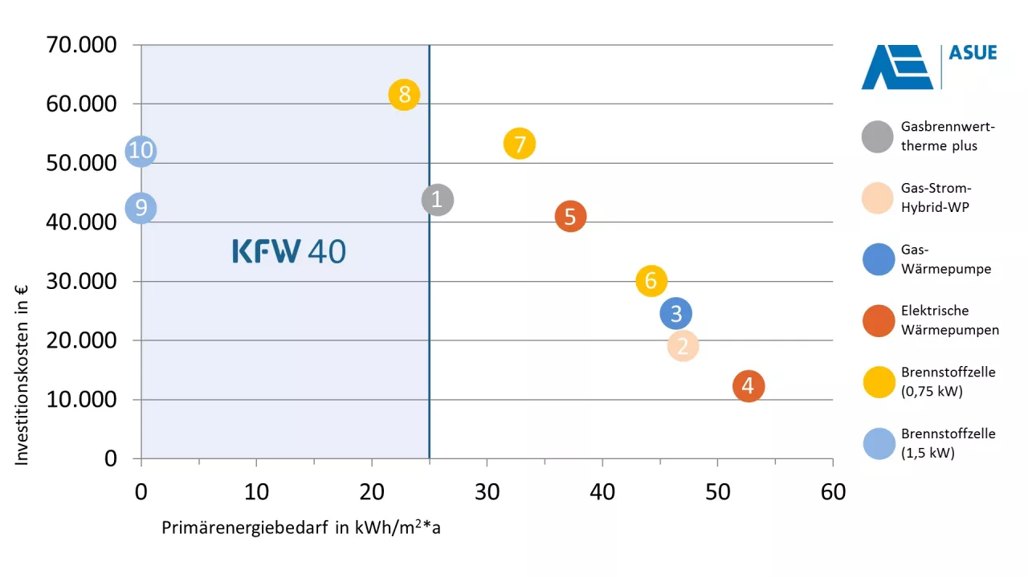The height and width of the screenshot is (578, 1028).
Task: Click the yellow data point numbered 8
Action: pos(404,95)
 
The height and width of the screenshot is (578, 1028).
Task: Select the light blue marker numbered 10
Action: pos(141,151)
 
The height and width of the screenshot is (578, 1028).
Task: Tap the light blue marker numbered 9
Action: pos(141,209)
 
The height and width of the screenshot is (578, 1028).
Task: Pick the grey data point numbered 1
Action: pos(437,199)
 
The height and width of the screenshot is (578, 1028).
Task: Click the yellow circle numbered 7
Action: pos(520,144)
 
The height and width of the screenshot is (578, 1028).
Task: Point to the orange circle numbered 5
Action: pos(570,217)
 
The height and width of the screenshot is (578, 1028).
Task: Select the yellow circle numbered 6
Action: pos(651,281)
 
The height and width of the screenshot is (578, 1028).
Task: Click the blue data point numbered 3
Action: pos(675,313)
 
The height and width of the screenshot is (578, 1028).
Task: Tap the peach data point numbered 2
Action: pos(682,346)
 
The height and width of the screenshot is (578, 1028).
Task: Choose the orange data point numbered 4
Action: pos(748,386)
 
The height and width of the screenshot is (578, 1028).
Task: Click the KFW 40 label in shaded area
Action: pos(289,251)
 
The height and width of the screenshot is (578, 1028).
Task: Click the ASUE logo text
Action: pos(973,54)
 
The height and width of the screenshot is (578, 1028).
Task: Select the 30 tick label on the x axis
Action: pos(487,491)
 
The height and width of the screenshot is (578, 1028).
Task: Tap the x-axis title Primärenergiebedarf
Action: pos(301,527)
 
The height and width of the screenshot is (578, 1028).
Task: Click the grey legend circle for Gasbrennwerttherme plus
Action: pos(877,136)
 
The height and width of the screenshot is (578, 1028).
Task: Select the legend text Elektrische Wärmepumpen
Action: pos(949,320)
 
